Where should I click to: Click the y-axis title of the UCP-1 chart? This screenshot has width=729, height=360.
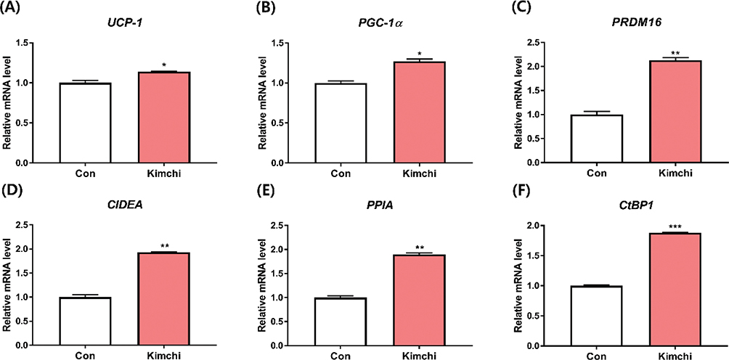click(8, 103)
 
